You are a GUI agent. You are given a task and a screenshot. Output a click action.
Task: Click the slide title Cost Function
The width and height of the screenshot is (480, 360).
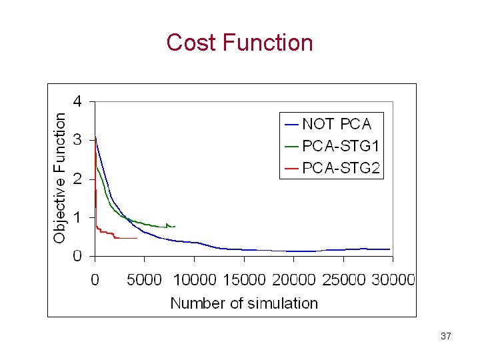[x=239, y=43]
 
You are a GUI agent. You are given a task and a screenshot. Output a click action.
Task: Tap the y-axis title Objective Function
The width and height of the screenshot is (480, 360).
[x=60, y=177]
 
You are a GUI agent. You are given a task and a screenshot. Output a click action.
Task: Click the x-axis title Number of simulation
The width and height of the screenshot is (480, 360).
[x=244, y=303]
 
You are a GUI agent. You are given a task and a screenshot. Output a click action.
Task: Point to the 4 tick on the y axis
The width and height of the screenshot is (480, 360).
[x=78, y=102]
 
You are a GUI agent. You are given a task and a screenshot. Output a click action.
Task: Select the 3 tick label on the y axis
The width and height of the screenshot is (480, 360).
[x=78, y=141]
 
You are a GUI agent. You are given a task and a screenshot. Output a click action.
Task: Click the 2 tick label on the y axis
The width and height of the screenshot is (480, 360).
[x=78, y=179]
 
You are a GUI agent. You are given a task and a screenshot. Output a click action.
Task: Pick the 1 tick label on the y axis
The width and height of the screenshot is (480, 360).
[x=78, y=218]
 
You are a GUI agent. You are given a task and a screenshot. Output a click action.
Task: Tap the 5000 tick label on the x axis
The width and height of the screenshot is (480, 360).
[x=144, y=280]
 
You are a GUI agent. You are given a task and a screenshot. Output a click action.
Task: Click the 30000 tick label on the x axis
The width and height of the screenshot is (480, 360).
[x=393, y=280]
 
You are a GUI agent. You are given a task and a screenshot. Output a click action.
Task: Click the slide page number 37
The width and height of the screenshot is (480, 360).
[x=446, y=337]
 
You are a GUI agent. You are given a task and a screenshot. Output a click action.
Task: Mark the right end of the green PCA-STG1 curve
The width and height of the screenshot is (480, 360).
[x=175, y=227]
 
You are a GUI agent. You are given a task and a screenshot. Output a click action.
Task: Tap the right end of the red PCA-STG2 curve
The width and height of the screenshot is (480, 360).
[x=137, y=238]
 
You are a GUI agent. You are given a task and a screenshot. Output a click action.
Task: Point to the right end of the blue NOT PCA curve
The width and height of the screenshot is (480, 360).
[x=389, y=249]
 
